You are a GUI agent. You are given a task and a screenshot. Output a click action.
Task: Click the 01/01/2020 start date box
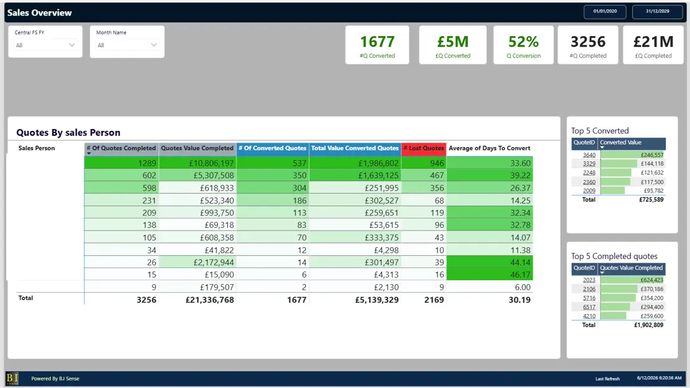pos(605,11)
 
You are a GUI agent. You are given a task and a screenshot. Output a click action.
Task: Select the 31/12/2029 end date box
pos(658,11)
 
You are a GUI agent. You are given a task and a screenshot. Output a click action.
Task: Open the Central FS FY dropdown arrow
pos(72,45)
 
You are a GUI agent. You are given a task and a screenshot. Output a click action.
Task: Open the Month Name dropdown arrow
pos(154,45)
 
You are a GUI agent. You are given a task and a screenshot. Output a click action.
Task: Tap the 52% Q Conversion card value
pos(523,42)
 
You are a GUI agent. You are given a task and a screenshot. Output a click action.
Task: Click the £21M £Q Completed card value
pos(653,42)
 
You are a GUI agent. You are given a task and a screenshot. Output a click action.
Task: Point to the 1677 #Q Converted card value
pos(377,42)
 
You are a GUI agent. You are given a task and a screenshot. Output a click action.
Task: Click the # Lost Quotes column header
pos(424,148)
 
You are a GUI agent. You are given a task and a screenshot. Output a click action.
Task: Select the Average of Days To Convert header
pos(489,148)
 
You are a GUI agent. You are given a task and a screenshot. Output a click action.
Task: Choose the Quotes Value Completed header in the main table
pos(197,148)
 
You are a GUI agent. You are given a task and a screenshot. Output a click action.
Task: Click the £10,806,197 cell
pos(211,163)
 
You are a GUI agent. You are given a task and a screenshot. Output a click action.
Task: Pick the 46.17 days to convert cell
pos(520,275)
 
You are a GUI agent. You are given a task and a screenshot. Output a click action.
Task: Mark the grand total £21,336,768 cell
pos(210,300)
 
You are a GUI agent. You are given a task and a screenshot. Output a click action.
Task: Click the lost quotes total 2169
pos(434,300)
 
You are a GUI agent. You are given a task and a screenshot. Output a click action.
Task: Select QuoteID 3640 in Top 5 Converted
pos(589,155)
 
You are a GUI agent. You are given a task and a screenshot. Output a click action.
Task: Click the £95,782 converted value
pos(653,191)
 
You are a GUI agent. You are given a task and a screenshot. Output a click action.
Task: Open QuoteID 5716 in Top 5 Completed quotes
pos(589,298)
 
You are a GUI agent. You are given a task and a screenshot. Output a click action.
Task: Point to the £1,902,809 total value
pos(649,325)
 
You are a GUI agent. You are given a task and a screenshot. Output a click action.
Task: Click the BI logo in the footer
pos(12,378)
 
